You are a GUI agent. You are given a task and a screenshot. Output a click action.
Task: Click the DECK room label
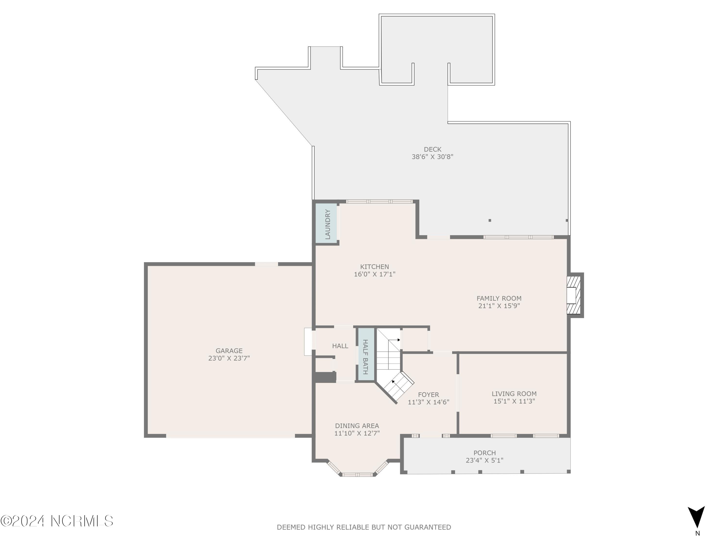coord(432,149)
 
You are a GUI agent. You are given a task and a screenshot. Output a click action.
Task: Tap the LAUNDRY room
coord(327,224)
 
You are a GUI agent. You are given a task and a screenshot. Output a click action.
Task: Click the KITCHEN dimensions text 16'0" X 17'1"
coord(374,274)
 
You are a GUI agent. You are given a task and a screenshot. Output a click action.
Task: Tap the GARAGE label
coord(229,351)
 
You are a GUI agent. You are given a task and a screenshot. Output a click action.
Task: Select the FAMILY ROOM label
coord(499,298)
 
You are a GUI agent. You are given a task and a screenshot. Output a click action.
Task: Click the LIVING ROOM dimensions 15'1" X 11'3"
coord(514,401)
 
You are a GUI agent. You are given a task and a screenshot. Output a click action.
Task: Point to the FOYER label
coord(429,395)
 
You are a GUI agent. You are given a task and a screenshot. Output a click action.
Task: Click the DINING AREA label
coord(357,426)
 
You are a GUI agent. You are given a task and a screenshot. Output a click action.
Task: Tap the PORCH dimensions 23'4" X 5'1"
coord(484,460)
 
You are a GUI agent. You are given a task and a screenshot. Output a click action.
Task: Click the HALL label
coord(340,346)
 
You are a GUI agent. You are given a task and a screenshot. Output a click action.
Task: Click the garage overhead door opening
coord(230,436)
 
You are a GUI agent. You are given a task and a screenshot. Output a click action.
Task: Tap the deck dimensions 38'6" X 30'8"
coord(432,157)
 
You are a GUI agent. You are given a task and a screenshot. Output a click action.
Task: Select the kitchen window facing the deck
coord(379,201)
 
